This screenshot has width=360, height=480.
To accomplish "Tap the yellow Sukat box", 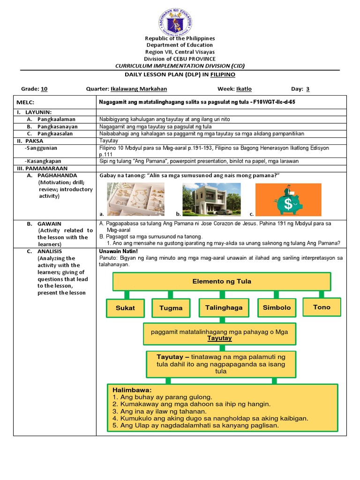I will click(125, 308).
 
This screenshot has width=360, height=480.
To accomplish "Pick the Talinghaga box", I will click(224, 307).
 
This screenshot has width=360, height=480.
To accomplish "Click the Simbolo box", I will click(277, 307).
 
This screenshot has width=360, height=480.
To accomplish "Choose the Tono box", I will click(322, 307).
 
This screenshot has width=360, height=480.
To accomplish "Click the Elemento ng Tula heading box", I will click(222, 281).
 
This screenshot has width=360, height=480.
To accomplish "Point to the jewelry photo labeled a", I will click(135, 199).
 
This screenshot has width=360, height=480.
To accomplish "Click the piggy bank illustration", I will click(288, 199).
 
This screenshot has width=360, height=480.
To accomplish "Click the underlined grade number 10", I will click(44, 89).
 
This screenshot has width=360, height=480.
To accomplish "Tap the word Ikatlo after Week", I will click(244, 89).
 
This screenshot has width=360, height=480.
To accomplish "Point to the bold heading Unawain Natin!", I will click(119, 251).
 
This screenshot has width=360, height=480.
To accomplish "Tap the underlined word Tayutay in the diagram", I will click(220, 338).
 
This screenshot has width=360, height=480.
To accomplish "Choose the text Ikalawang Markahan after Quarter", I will click(139, 89).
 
